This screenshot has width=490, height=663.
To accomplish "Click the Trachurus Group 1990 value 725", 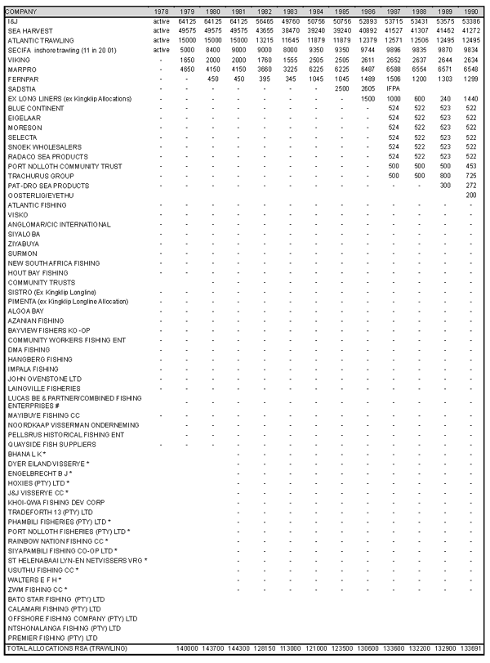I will click(x=469, y=176).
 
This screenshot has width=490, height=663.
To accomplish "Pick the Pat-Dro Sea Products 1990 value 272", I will click(x=469, y=186).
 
